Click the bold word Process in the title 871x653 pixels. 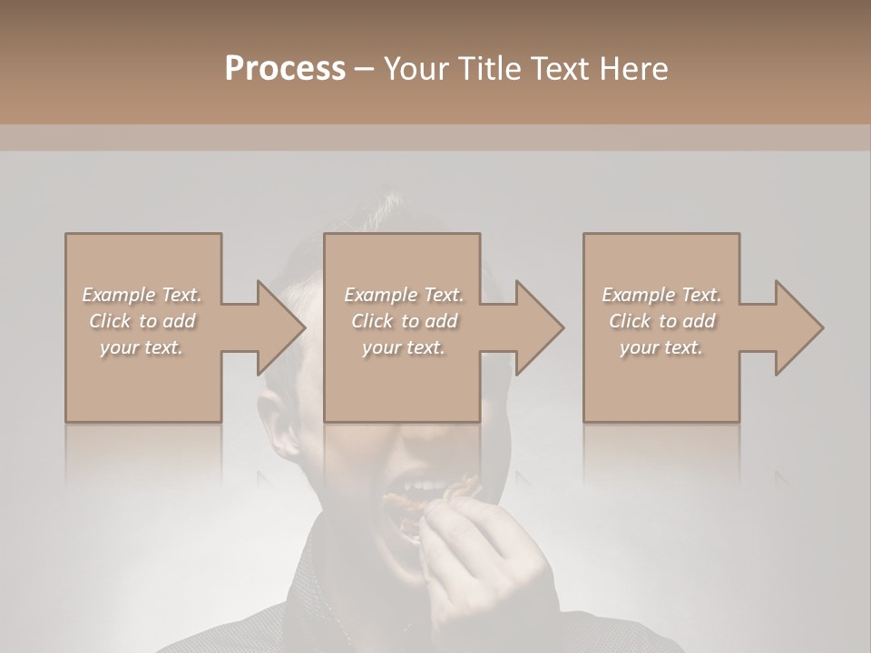click(285, 68)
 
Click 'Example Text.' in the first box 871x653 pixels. click(142, 294)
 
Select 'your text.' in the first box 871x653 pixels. click(142, 347)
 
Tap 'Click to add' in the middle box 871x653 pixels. click(404, 321)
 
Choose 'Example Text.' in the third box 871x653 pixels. click(661, 294)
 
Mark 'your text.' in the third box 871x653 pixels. click(661, 347)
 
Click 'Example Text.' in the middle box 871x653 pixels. click(404, 294)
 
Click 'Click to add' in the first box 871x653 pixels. click(142, 321)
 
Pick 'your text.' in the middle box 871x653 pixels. click(404, 347)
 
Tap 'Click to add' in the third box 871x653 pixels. click(661, 321)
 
